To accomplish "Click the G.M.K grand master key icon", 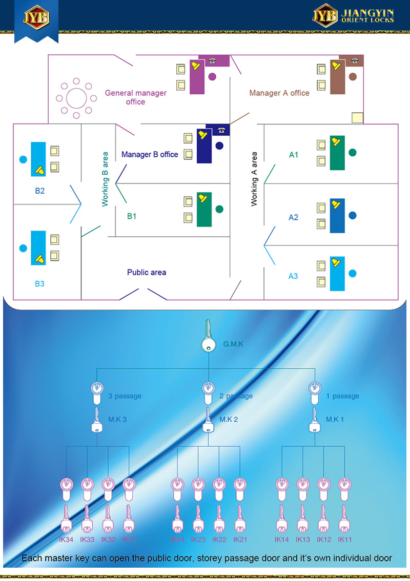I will pyautogui.click(x=209, y=339).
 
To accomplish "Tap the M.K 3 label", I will pyautogui.click(x=117, y=420).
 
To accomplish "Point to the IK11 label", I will pyautogui.click(x=345, y=540).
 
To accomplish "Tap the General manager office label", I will pyautogui.click(x=136, y=97).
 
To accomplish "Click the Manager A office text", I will pyautogui.click(x=279, y=93).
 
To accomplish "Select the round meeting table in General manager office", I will pyautogui.click(x=76, y=96).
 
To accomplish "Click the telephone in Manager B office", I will pyautogui.click(x=221, y=130).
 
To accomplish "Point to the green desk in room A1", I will pyautogui.click(x=337, y=153).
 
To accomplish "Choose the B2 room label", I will pyautogui.click(x=40, y=191).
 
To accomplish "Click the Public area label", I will pyautogui.click(x=147, y=273).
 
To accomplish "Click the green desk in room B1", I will pyautogui.click(x=204, y=210).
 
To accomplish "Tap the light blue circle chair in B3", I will pyautogui.click(x=23, y=248).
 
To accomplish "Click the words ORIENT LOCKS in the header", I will pyautogui.click(x=368, y=20).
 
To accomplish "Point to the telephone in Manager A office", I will pyautogui.click(x=354, y=61).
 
